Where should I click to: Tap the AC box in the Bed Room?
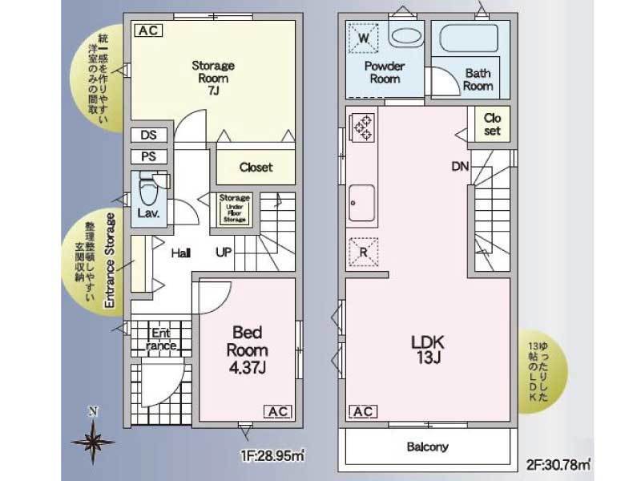click(277, 411)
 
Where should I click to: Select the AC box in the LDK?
click(361, 411)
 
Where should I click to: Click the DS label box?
click(148, 135)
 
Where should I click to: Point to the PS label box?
click(148, 156)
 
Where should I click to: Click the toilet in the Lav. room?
click(147, 189)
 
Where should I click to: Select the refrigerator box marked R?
click(363, 252)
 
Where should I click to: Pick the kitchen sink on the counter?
click(363, 204)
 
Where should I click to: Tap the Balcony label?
click(427, 447)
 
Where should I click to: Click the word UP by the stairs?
click(224, 253)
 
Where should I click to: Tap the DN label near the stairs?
click(459, 167)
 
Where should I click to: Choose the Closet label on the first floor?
click(256, 168)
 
